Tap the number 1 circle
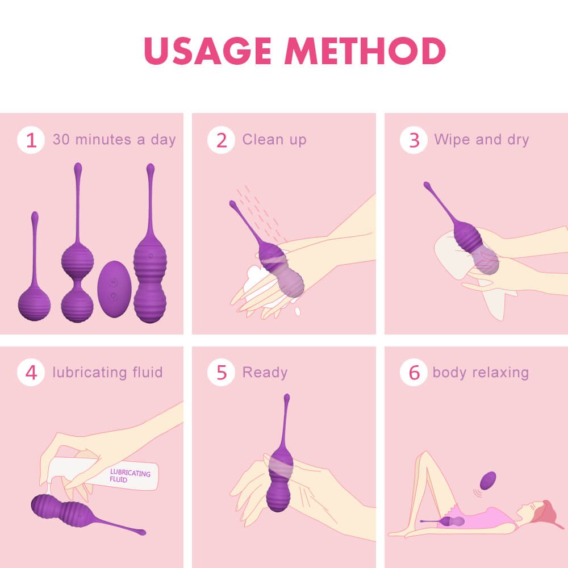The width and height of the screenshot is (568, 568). (x=31, y=140)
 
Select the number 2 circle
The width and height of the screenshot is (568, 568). (x=221, y=140)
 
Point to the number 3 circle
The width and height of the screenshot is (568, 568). (x=414, y=140)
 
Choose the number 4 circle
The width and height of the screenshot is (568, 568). (x=31, y=373)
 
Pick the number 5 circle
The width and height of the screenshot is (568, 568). (x=221, y=373)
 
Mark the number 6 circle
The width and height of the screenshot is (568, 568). (x=414, y=373)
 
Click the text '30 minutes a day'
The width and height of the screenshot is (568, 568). (x=114, y=140)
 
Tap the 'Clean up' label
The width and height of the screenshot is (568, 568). (x=274, y=140)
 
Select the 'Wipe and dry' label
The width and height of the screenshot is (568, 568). (x=481, y=140)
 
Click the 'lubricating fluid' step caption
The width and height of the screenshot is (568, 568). (x=107, y=373)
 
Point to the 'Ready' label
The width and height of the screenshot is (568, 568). (x=265, y=373)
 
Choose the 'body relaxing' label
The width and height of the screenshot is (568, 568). (x=481, y=373)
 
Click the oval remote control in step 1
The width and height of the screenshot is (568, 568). (x=115, y=289)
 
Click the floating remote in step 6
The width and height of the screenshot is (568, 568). (x=487, y=481)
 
